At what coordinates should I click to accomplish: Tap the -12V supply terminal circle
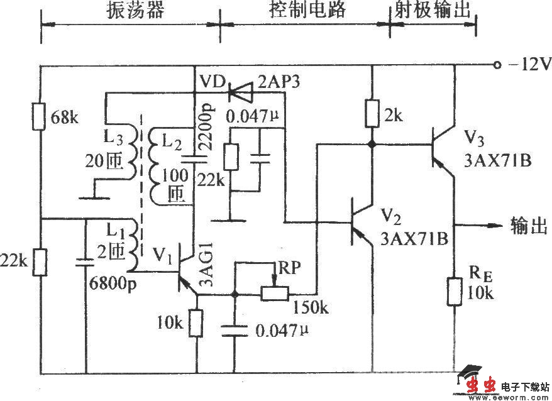point(496,65)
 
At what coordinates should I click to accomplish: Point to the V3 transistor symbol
point(441,145)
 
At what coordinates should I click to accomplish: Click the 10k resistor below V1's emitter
point(197,324)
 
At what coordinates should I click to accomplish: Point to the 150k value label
point(311,307)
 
